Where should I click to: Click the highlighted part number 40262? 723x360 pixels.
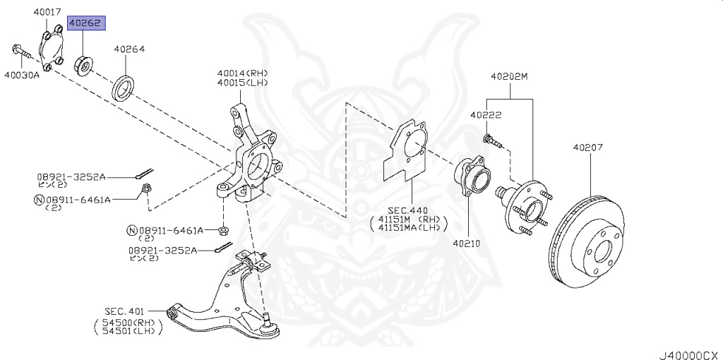(x=86, y=23)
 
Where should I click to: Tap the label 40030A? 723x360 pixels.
(x=21, y=74)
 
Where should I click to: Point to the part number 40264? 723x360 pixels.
(x=129, y=49)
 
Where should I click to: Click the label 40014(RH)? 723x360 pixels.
(x=242, y=73)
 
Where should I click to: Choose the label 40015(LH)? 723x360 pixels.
(x=242, y=83)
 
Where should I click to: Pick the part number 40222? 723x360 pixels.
(x=486, y=114)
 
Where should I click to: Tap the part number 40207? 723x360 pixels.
(x=587, y=148)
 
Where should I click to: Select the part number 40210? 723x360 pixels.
(x=466, y=244)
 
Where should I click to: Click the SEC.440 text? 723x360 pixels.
(x=408, y=210)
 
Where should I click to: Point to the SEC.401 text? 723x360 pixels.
(x=125, y=311)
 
